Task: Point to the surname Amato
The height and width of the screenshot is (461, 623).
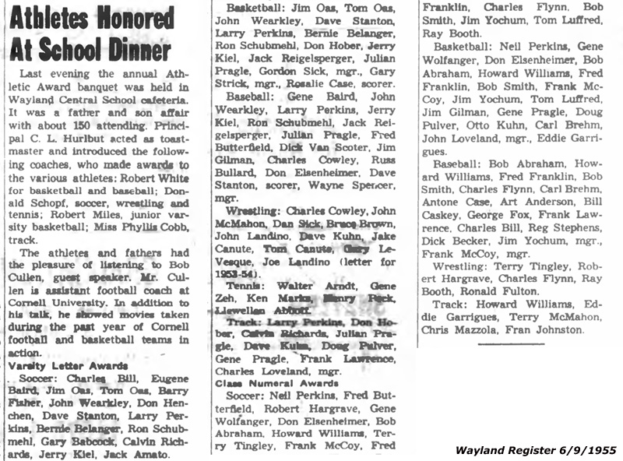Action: [154, 453]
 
